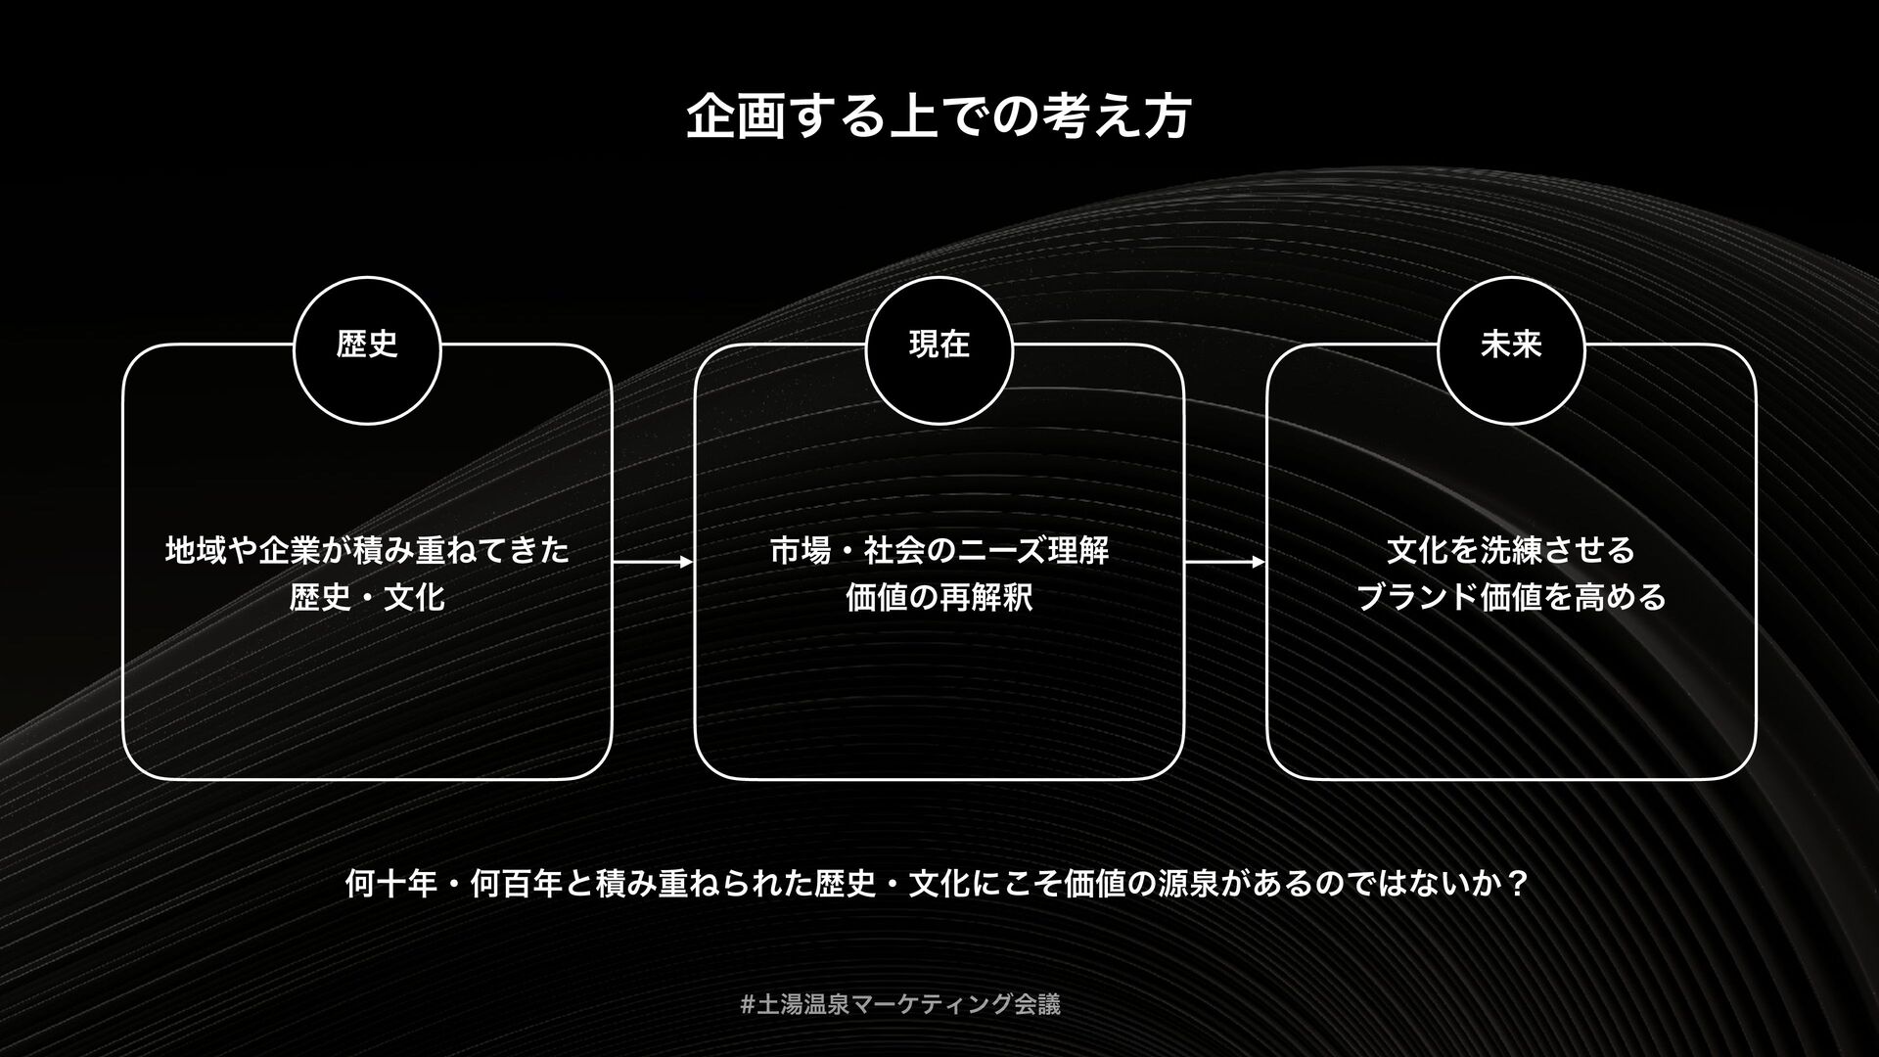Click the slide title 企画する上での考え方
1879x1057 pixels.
939,117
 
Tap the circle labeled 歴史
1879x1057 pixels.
367,349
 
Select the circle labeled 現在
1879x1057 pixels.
939,349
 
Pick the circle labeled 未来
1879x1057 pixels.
1511,349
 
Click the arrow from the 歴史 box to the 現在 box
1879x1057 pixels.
653,563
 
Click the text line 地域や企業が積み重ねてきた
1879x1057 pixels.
367,550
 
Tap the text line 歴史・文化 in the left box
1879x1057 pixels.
367,597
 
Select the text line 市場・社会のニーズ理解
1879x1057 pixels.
939,550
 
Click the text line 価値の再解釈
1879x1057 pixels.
939,597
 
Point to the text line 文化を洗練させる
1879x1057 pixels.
1511,550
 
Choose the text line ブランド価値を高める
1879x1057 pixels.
1511,597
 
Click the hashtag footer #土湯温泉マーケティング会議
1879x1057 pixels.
900,1004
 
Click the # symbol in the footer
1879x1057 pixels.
748,1004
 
